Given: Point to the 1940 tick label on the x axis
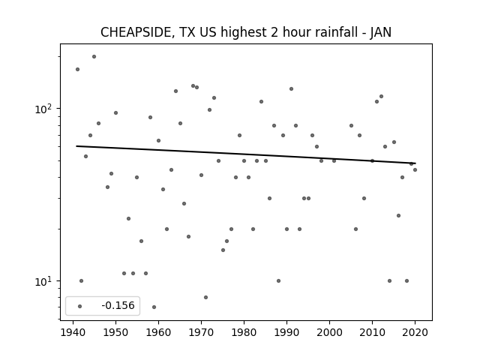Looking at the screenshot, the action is coord(73,332).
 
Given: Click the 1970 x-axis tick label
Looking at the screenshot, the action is coord(201,332).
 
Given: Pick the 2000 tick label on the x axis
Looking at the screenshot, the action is coord(329,332).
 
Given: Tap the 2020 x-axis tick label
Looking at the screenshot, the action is coord(415,332).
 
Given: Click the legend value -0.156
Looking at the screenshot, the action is coord(118,305).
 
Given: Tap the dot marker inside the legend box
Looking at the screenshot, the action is coord(80,306).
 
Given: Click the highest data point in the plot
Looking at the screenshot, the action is coord(94,57).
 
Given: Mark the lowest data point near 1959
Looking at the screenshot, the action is coord(154,307).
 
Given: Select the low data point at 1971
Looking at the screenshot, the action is coord(205,297).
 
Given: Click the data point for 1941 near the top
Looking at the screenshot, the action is coord(77,70).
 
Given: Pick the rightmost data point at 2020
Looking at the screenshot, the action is coord(415,170).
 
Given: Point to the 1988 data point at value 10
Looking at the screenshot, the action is coord(278,280).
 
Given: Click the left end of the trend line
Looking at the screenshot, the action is coord(76,146).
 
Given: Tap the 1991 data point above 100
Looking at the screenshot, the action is coord(291,88).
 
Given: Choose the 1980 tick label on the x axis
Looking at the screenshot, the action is coord(244,332).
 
